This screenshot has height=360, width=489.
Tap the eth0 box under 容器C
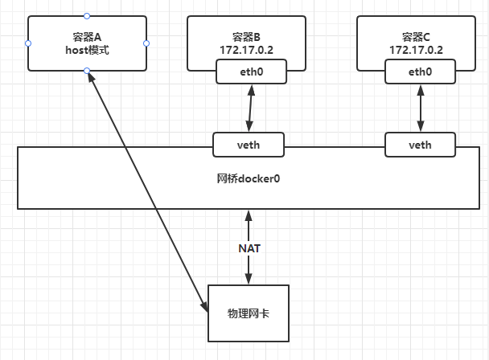(420, 72)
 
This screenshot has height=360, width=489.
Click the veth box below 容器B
(249, 145)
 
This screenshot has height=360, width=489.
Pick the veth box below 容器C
(420, 145)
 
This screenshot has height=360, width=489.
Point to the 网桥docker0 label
(248, 178)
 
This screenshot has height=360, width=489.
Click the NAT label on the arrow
(249, 247)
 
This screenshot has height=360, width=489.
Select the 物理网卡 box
(249, 311)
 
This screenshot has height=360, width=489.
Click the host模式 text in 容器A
(87, 50)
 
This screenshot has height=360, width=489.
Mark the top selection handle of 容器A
(87, 15)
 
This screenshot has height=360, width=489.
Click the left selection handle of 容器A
(27, 43)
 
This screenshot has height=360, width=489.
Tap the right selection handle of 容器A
(146, 43)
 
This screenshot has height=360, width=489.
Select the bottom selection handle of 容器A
(87, 72)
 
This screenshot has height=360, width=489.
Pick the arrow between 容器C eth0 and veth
(420, 108)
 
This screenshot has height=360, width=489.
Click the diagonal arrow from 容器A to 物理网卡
(145, 190)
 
